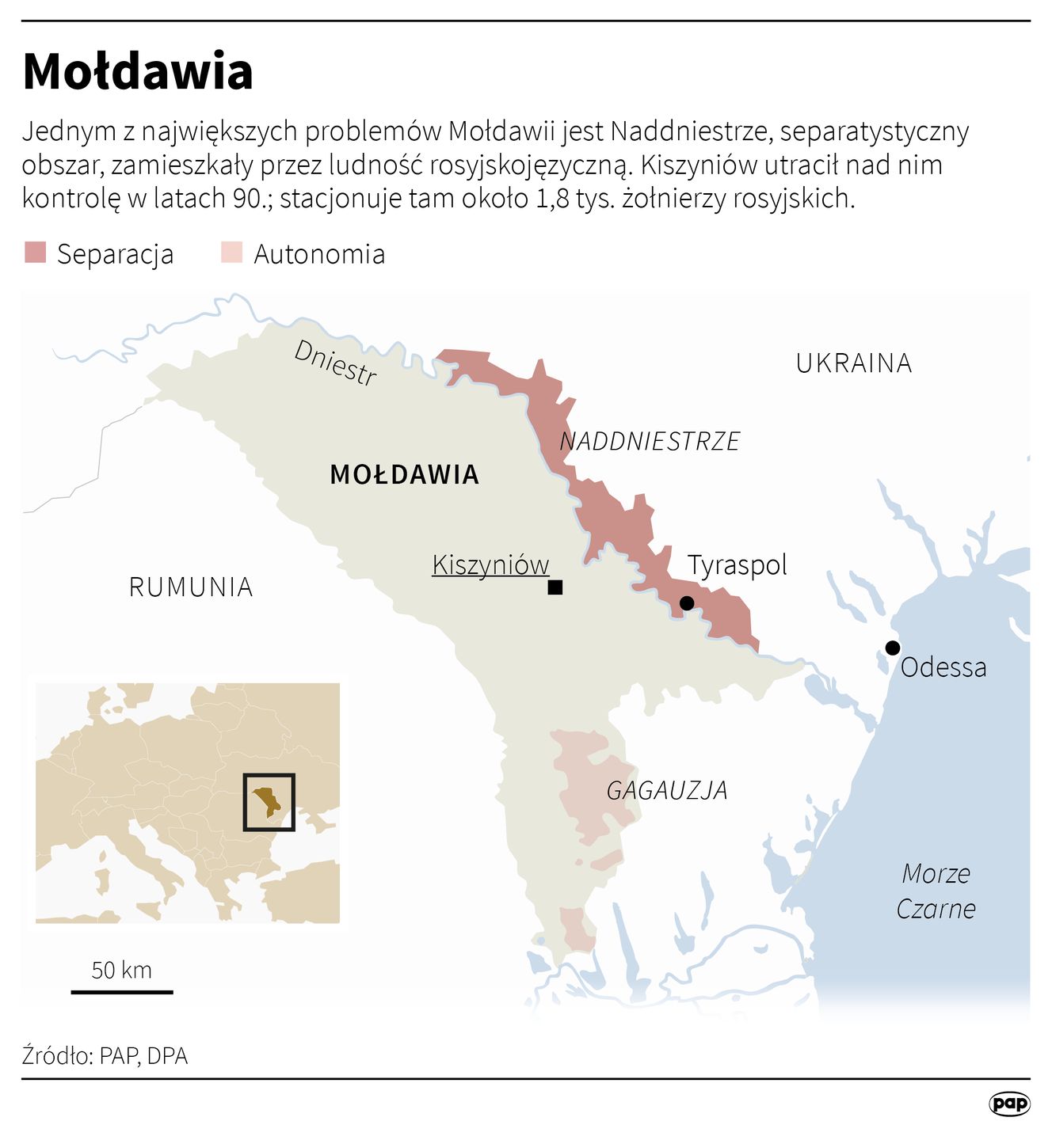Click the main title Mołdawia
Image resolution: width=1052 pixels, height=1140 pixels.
pyautogui.click(x=138, y=71)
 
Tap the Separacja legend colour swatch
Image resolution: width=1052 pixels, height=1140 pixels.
pyautogui.click(x=36, y=253)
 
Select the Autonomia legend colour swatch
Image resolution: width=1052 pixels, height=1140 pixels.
pyautogui.click(x=231, y=253)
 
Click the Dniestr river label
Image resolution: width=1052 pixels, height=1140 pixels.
pyautogui.click(x=335, y=363)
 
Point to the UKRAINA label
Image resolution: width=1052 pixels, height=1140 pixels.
pyautogui.click(x=854, y=363)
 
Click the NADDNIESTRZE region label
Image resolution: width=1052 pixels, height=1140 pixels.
pyautogui.click(x=650, y=441)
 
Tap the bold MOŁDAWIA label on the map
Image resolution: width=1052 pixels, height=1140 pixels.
pyautogui.click(x=404, y=475)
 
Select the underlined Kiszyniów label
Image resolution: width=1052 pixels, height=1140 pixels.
pyautogui.click(x=490, y=565)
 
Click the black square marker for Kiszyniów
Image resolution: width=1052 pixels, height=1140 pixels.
pyautogui.click(x=555, y=587)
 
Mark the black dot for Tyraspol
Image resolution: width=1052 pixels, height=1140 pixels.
pyautogui.click(x=687, y=603)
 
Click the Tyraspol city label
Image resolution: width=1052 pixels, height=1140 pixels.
pyautogui.click(x=737, y=565)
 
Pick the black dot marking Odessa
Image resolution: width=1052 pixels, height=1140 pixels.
pyautogui.click(x=893, y=648)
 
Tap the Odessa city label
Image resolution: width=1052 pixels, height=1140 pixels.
pyautogui.click(x=943, y=667)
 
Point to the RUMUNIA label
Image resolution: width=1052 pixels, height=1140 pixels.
pyautogui.click(x=191, y=587)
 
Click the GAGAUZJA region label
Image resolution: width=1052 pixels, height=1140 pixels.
pyautogui.click(x=667, y=790)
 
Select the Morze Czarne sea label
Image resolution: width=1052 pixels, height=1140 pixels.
pyautogui.click(x=936, y=891)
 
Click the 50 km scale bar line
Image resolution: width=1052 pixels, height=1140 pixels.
pyautogui.click(x=122, y=991)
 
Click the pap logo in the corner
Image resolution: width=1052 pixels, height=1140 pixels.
pyautogui.click(x=1009, y=1103)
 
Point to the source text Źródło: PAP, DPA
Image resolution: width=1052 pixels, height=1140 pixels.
pyautogui.click(x=105, y=1056)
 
